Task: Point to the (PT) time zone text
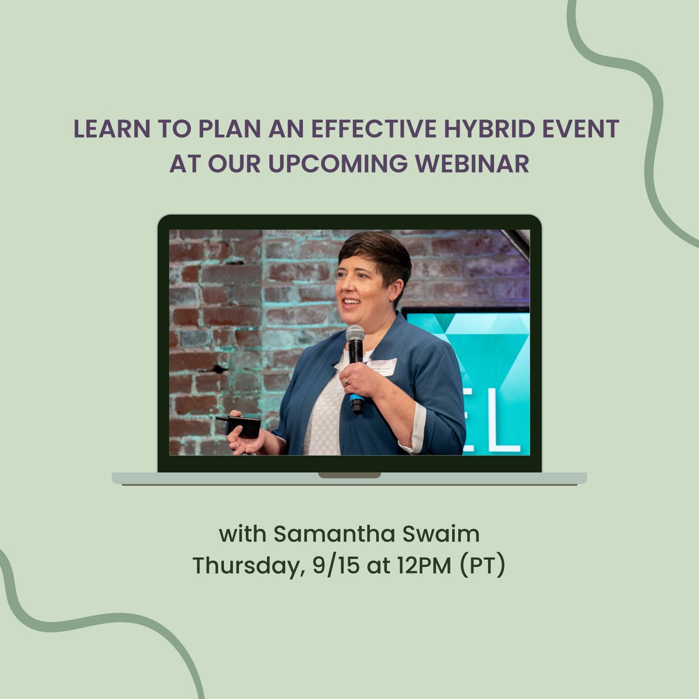(x=482, y=566)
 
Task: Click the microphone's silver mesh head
(x=355, y=336)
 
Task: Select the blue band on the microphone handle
(x=356, y=400)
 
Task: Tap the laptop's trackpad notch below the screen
(x=349, y=475)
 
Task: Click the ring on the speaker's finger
(x=347, y=382)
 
